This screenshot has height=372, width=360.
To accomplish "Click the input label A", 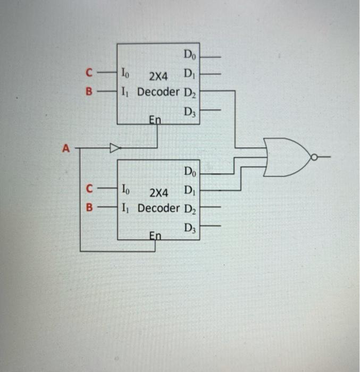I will [x=66, y=149].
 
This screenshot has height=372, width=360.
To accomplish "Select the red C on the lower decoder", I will [x=90, y=188].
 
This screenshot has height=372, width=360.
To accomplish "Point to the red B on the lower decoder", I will [x=90, y=207].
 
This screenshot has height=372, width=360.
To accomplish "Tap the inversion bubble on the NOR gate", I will [x=314, y=157].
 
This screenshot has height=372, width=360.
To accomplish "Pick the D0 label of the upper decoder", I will [x=189, y=54].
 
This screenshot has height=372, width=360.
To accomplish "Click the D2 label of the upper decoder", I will [x=189, y=93].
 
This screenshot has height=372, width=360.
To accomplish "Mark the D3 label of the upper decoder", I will [x=189, y=112].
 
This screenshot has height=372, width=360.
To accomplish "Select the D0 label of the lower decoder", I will [x=190, y=172].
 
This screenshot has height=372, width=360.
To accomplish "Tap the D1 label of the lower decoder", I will [x=190, y=190].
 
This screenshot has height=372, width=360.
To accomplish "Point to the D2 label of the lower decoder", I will [x=190, y=209].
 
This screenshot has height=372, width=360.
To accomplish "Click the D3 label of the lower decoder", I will [x=190, y=229].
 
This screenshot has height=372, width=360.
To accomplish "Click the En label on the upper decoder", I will [x=155, y=120].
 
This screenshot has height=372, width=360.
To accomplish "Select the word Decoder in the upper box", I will [x=158, y=92].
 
